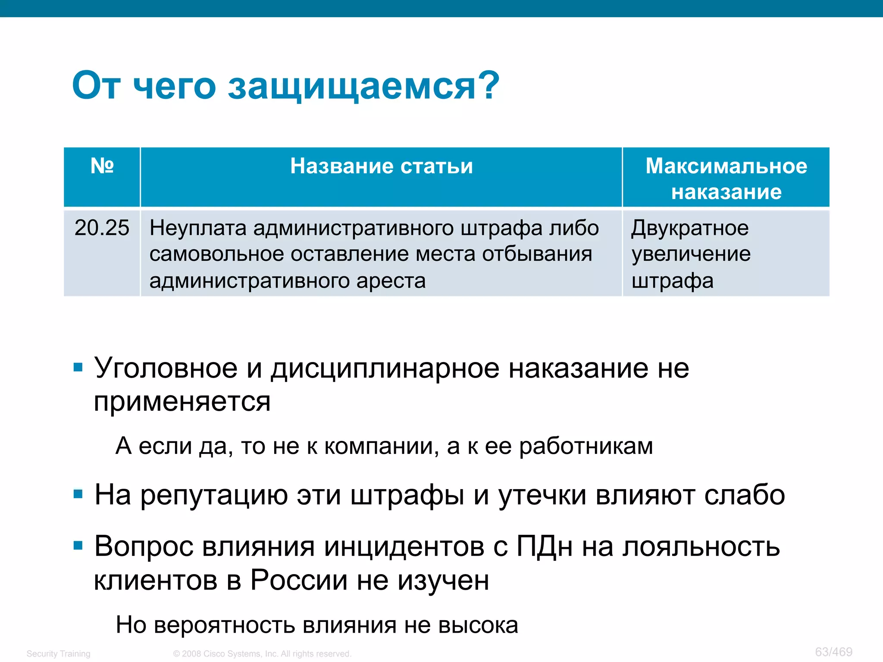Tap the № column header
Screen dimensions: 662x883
pyautogui.click(x=102, y=166)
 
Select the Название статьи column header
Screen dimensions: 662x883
pyautogui.click(x=381, y=166)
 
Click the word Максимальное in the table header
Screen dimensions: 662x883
pyautogui.click(x=726, y=166)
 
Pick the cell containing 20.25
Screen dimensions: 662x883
pyautogui.click(x=102, y=228)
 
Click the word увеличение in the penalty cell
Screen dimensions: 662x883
pyautogui.click(x=691, y=254)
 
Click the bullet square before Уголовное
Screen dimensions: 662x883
pyautogui.click(x=78, y=368)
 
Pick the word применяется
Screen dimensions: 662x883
pyautogui.click(x=182, y=402)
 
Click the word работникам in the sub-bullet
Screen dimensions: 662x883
pyautogui.click(x=586, y=446)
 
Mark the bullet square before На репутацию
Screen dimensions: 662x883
pyautogui.click(x=78, y=494)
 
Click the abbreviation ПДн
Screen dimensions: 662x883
pyautogui.click(x=545, y=546)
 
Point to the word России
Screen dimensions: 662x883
pyautogui.click(x=299, y=580)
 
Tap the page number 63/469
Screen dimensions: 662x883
pyautogui.click(x=833, y=652)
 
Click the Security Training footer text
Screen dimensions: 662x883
pyautogui.click(x=58, y=654)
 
